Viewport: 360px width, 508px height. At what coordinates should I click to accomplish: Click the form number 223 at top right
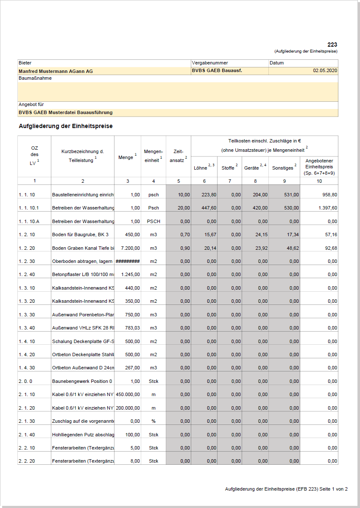[332, 45]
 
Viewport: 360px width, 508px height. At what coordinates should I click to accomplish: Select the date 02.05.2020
[325, 71]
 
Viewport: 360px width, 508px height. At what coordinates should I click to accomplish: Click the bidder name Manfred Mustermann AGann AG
[56, 71]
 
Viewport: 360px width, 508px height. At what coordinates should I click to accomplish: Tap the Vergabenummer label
[210, 63]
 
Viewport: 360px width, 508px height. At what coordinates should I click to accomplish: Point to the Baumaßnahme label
[35, 78]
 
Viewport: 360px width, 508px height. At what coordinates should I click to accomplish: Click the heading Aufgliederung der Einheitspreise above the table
[66, 126]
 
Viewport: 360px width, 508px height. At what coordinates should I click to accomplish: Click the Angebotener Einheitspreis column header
[319, 167]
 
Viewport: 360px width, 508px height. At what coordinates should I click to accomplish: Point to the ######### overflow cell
[128, 261]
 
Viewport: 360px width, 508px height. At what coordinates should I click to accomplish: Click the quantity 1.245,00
[130, 274]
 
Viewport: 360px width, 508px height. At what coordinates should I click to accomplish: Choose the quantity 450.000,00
[128, 394]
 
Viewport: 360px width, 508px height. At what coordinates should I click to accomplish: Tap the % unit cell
[153, 421]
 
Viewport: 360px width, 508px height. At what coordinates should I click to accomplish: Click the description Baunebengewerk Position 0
[82, 381]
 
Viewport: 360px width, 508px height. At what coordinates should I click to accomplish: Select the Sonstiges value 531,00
[291, 195]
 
